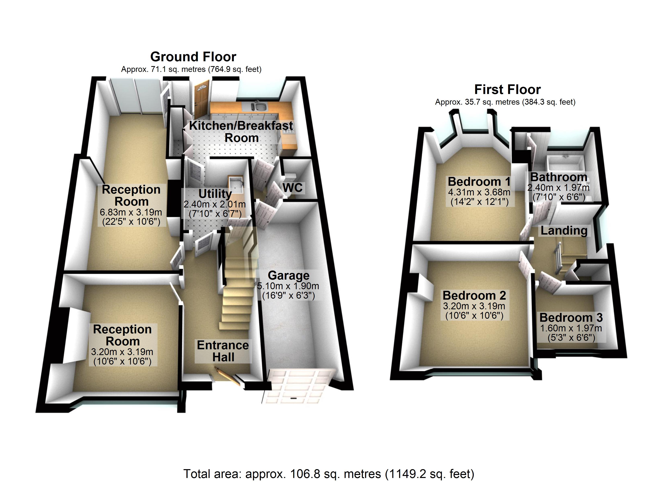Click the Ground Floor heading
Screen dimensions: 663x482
[193, 57]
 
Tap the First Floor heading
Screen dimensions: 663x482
[507, 89]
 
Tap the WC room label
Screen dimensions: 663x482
[293, 188]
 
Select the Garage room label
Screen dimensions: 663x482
[289, 275]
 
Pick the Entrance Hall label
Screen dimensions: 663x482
[223, 351]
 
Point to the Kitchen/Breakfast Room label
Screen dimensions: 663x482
[241, 132]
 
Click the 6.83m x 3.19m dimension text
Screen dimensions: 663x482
[131, 212]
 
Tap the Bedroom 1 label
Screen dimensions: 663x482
[479, 182]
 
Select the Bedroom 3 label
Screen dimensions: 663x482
[571, 318]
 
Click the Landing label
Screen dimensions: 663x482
[564, 231]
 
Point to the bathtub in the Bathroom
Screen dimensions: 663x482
[565, 164]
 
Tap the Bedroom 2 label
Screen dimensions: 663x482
[474, 295]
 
